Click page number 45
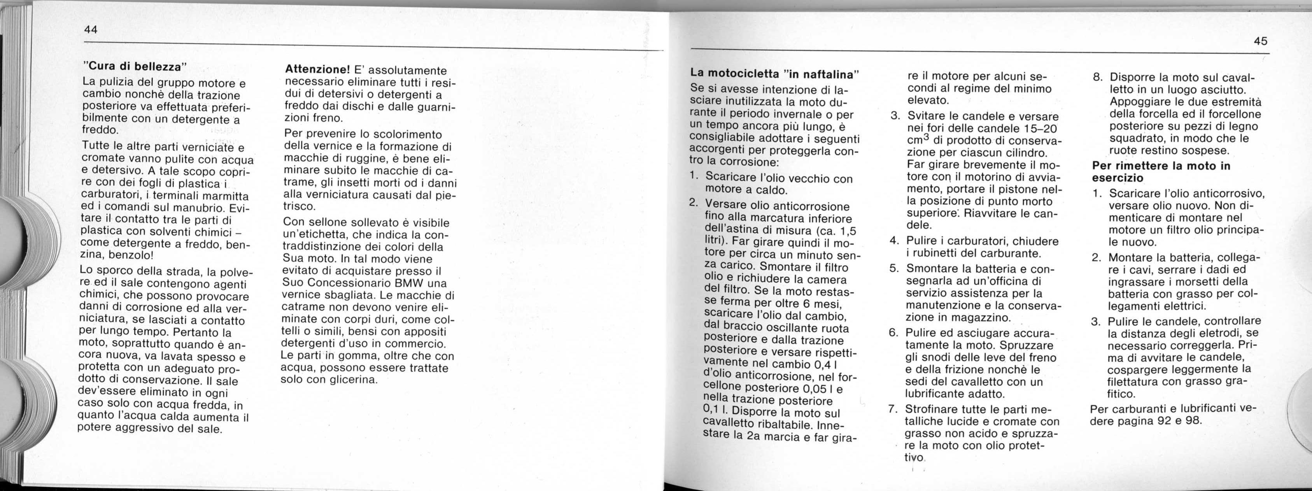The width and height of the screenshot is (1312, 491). (1261, 41)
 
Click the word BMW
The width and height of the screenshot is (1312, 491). (411, 283)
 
